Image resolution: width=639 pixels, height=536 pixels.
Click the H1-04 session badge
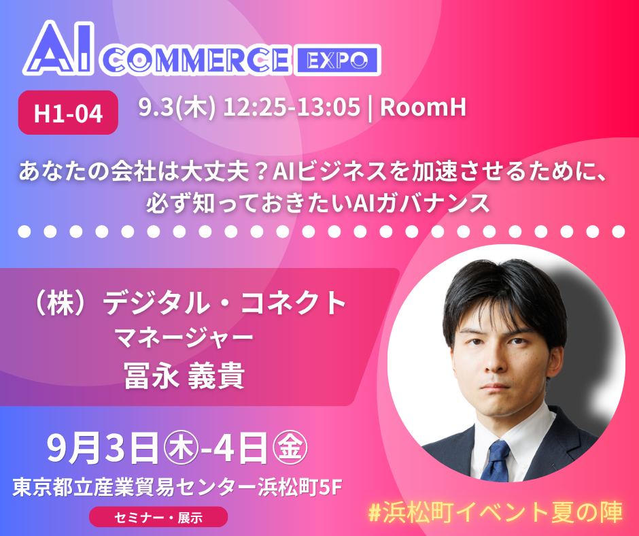68,113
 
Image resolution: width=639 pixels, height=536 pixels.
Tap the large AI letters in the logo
59,48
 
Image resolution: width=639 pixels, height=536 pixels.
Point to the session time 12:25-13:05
292,107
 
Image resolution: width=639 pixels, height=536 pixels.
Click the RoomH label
423,107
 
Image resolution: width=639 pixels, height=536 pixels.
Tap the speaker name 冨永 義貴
184,375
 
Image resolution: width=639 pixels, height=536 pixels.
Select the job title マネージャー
184,338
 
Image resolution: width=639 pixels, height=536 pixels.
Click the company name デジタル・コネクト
224,303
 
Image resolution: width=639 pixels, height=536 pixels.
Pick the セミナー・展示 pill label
158,517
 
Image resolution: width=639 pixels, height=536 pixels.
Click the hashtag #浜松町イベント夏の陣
495,512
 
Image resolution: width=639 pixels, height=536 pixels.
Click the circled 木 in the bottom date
181,448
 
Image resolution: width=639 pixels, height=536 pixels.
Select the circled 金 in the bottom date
290,448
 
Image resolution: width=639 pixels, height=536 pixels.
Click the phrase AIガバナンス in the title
421,202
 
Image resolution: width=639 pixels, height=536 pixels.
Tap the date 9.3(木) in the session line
177,107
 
